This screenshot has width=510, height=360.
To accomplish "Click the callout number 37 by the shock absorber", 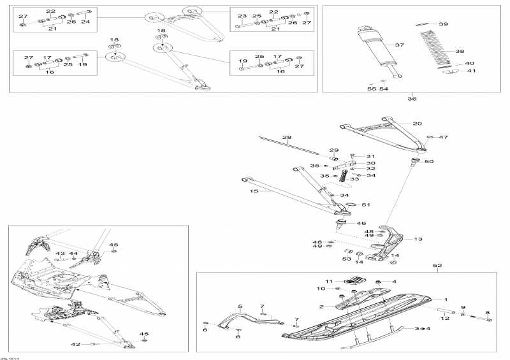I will pos(400,45).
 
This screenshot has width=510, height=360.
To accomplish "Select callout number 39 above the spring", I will pos(443,24).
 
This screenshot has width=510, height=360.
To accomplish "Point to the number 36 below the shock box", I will pos(411,98).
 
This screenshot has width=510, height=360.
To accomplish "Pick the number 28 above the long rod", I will pos(286,138).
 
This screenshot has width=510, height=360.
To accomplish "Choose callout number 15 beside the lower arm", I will pos(254,191).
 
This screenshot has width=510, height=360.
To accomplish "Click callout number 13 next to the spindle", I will pos(418,239).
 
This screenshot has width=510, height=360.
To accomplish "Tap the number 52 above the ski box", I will pos(437,265).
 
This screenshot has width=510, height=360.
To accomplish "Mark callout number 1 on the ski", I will pos(446,299).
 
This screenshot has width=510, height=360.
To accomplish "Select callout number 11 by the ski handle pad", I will pos(329,281).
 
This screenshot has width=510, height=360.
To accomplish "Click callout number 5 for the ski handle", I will pos(240,307).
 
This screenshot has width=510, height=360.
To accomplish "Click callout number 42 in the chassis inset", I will pos(76,344).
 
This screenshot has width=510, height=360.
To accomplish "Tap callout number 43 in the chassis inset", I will pos(61,254).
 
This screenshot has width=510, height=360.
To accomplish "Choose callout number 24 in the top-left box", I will pos(85,22).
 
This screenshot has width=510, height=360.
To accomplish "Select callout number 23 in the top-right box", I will pos(242,16).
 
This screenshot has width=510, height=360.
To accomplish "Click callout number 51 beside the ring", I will pos(365,205).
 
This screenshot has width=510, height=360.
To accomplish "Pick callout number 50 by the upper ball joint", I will pos(428,162).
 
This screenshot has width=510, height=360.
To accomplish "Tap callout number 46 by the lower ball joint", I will pos(361,224).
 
